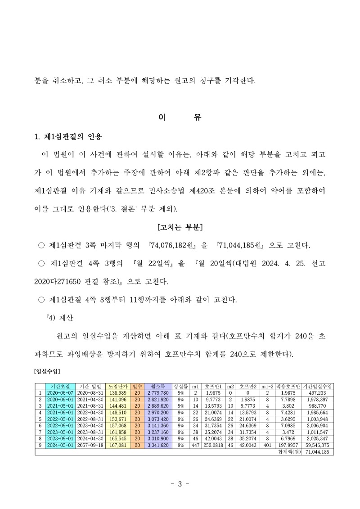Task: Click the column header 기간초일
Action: pyautogui.click(x=60, y=386)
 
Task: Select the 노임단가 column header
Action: pyautogui.click(x=118, y=386)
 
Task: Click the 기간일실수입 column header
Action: pyautogui.click(x=318, y=386)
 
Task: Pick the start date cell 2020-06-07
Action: pyautogui.click(x=60, y=392)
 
